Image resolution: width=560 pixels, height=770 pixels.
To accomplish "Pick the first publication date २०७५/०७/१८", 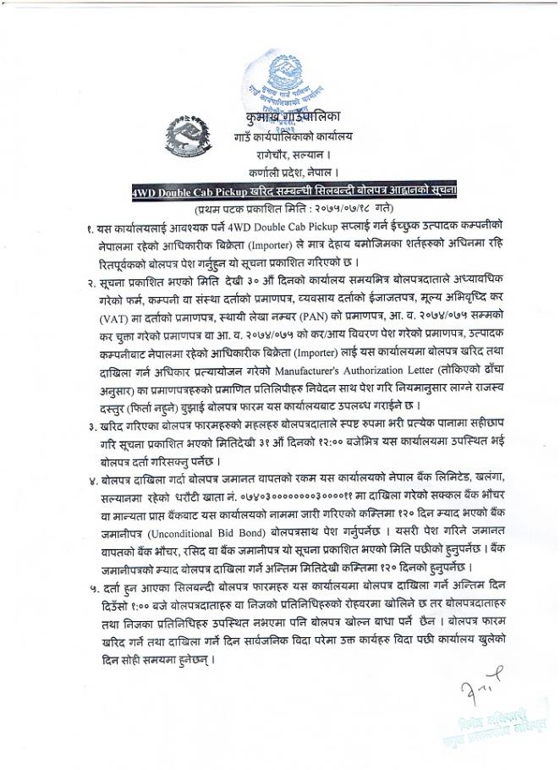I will point(344,208).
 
